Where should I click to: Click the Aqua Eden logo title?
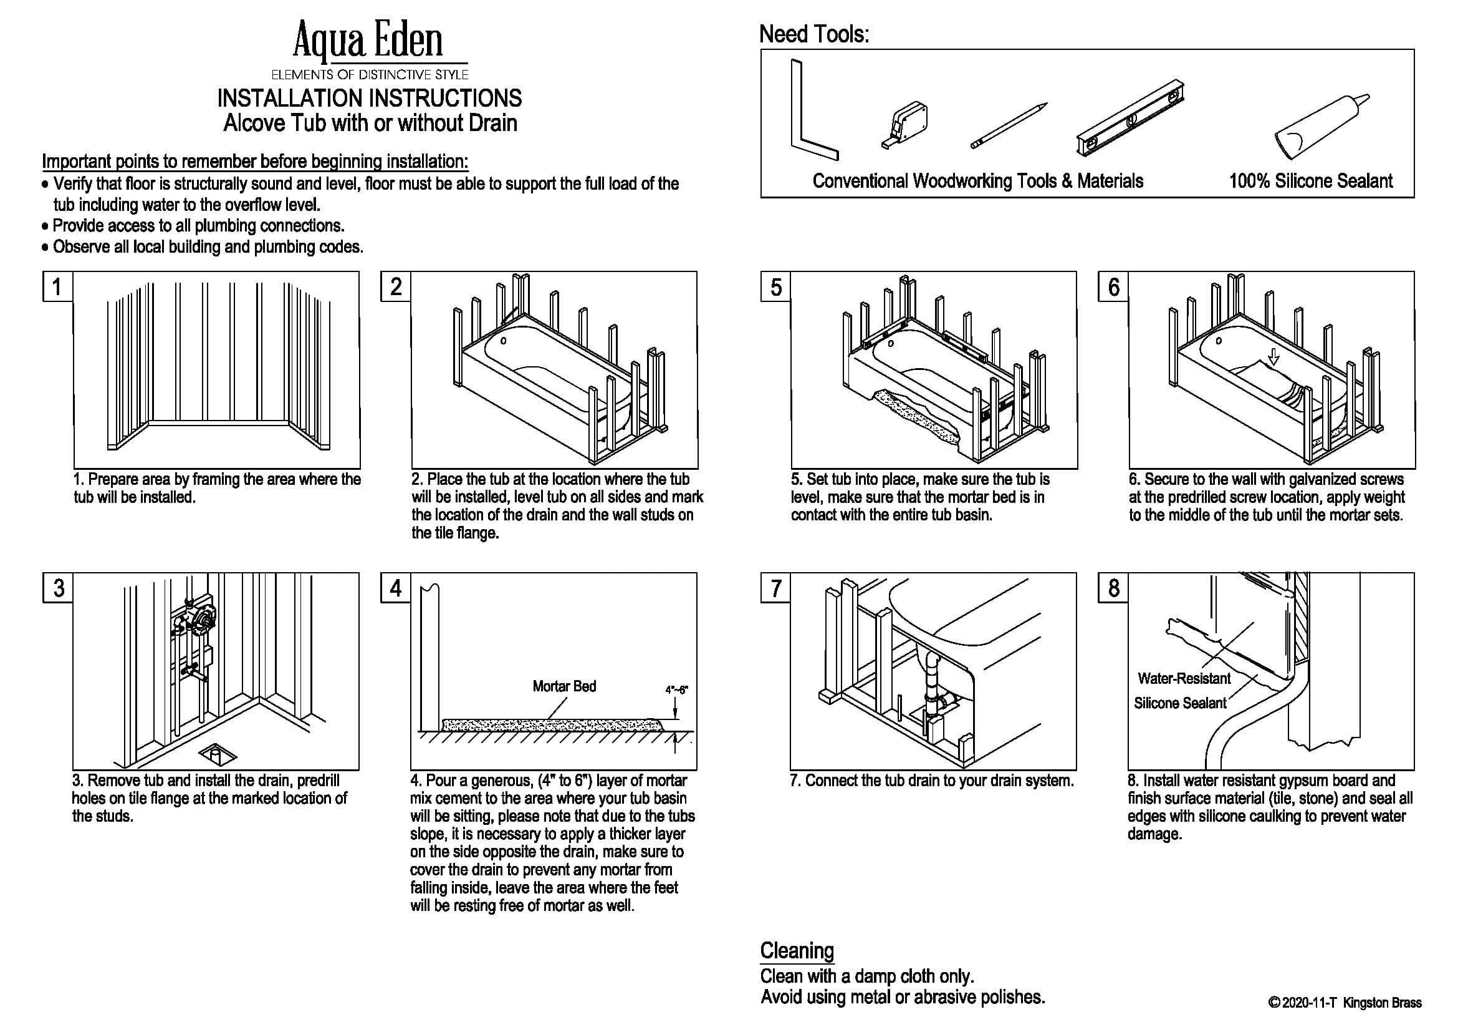pos(368,40)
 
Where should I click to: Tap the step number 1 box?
pos(58,286)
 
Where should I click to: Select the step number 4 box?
pos(396,588)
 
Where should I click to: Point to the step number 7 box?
pos(775,588)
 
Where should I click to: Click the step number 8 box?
pos(1113,588)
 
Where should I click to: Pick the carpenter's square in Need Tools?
pos(811,112)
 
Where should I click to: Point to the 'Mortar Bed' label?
pos(564,686)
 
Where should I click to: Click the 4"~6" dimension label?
pos(676,690)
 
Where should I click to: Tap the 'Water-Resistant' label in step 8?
pos(1184,679)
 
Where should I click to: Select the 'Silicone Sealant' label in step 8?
pos(1180,703)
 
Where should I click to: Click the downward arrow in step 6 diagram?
pos(1273,359)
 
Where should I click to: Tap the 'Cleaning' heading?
pos(797,951)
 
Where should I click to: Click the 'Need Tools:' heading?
pos(814,34)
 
